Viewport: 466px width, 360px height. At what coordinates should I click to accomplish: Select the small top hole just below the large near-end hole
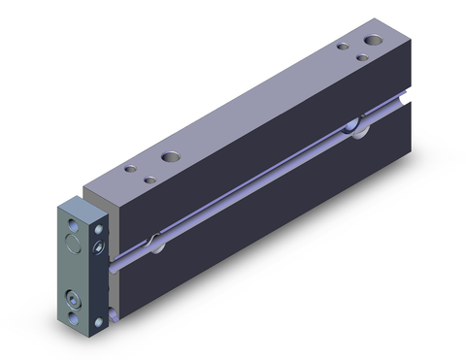point(150,179)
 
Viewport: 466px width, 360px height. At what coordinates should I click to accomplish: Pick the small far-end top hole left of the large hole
point(342,45)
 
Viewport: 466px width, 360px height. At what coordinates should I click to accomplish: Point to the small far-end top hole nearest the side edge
point(361,57)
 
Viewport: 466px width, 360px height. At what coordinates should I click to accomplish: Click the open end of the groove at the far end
point(400,99)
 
